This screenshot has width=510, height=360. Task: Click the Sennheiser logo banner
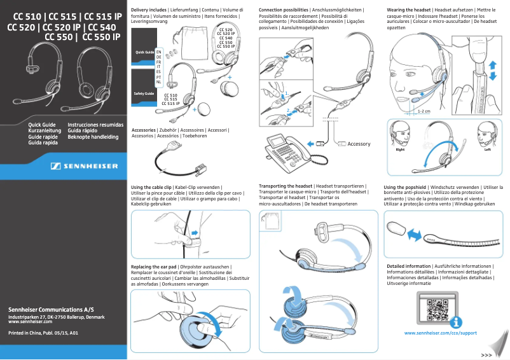pos(85,167)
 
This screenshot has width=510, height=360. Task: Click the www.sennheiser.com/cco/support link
pos(440,333)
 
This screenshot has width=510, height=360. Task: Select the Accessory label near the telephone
pos(358,144)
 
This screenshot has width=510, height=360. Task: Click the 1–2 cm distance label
pos(424,110)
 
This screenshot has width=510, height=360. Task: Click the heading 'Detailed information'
pos(409,266)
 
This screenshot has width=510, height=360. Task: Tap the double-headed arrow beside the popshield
pos(414,235)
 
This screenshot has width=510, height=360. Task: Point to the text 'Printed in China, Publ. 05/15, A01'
pos(43,333)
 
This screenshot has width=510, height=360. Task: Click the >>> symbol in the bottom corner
pos(486,354)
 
